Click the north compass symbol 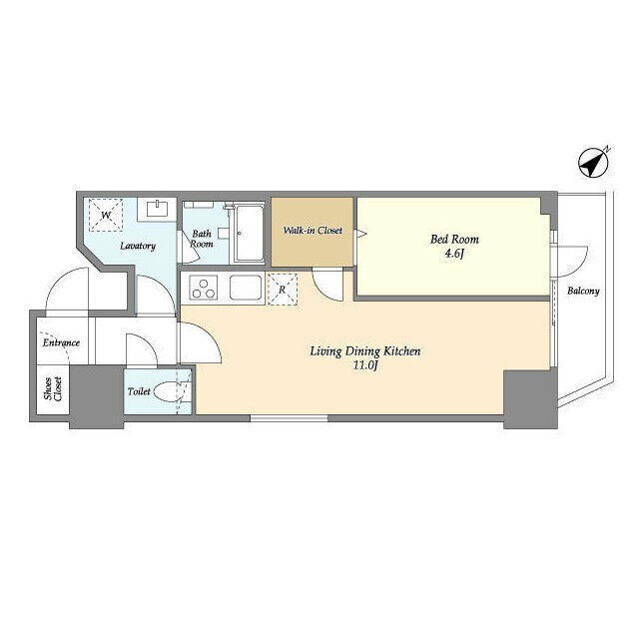pyautogui.click(x=594, y=163)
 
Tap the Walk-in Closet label pyautogui.click(x=313, y=231)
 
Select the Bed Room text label pyautogui.click(x=454, y=240)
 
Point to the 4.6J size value pyautogui.click(x=454, y=254)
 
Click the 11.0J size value pyautogui.click(x=365, y=365)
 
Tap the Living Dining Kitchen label pyautogui.click(x=365, y=351)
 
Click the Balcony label pyautogui.click(x=583, y=291)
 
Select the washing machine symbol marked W pyautogui.click(x=106, y=215)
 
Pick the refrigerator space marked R pyautogui.click(x=282, y=290)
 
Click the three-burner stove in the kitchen pyautogui.click(x=203, y=288)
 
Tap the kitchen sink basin pyautogui.click(x=246, y=288)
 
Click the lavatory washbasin pyautogui.click(x=157, y=209)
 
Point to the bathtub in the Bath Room pyautogui.click(x=250, y=234)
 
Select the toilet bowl pyautogui.click(x=167, y=392)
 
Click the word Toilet pyautogui.click(x=139, y=391)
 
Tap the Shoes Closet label pyautogui.click(x=53, y=388)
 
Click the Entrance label pyautogui.click(x=61, y=342)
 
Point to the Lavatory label pyautogui.click(x=138, y=247)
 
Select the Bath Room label pyautogui.click(x=202, y=239)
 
